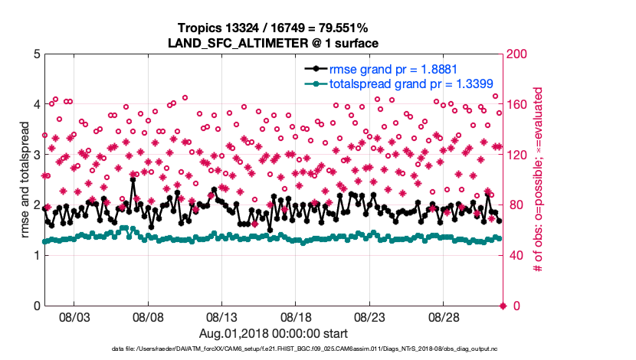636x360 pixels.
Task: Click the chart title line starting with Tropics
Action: [x=274, y=30]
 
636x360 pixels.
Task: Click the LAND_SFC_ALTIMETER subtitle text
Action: [x=274, y=44]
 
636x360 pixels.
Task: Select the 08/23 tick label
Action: [x=369, y=317]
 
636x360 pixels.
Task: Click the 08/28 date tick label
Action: [x=443, y=317]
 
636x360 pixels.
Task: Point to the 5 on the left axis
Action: [x=36, y=55]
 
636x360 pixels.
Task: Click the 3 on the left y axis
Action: [x=36, y=155]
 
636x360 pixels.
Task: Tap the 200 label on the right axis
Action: [x=517, y=55]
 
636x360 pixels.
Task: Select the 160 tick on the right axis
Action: [x=517, y=105]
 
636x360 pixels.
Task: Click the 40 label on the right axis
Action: [x=515, y=256]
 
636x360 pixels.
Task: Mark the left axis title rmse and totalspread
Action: [x=24, y=181]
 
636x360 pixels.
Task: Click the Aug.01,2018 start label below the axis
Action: [x=274, y=334]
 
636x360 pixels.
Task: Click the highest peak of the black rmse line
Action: [x=133, y=182]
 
